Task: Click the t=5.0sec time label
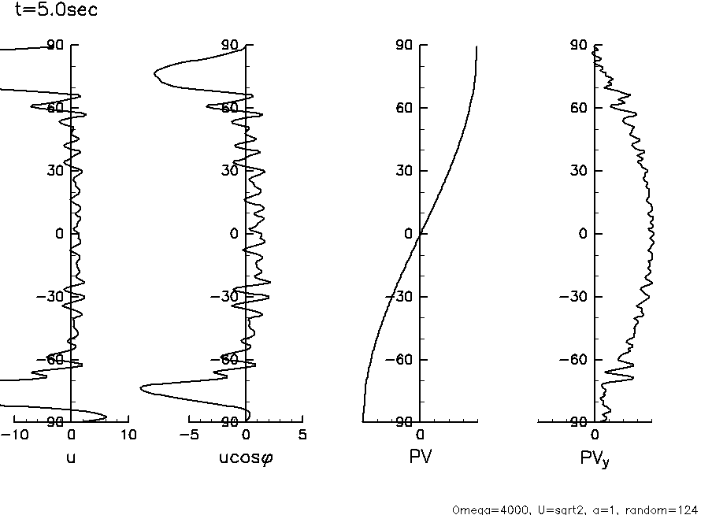point(57,11)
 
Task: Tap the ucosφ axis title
point(246,456)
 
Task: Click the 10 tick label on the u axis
point(128,435)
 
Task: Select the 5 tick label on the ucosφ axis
point(302,435)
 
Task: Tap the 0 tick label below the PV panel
point(420,435)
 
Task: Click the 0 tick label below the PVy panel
point(595,435)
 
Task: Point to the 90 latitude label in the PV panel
point(406,46)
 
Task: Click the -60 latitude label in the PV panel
point(401,359)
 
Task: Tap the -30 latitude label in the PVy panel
point(576,296)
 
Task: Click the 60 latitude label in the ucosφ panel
point(231,108)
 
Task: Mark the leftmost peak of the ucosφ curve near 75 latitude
point(154,74)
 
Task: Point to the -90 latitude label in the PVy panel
point(576,422)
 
